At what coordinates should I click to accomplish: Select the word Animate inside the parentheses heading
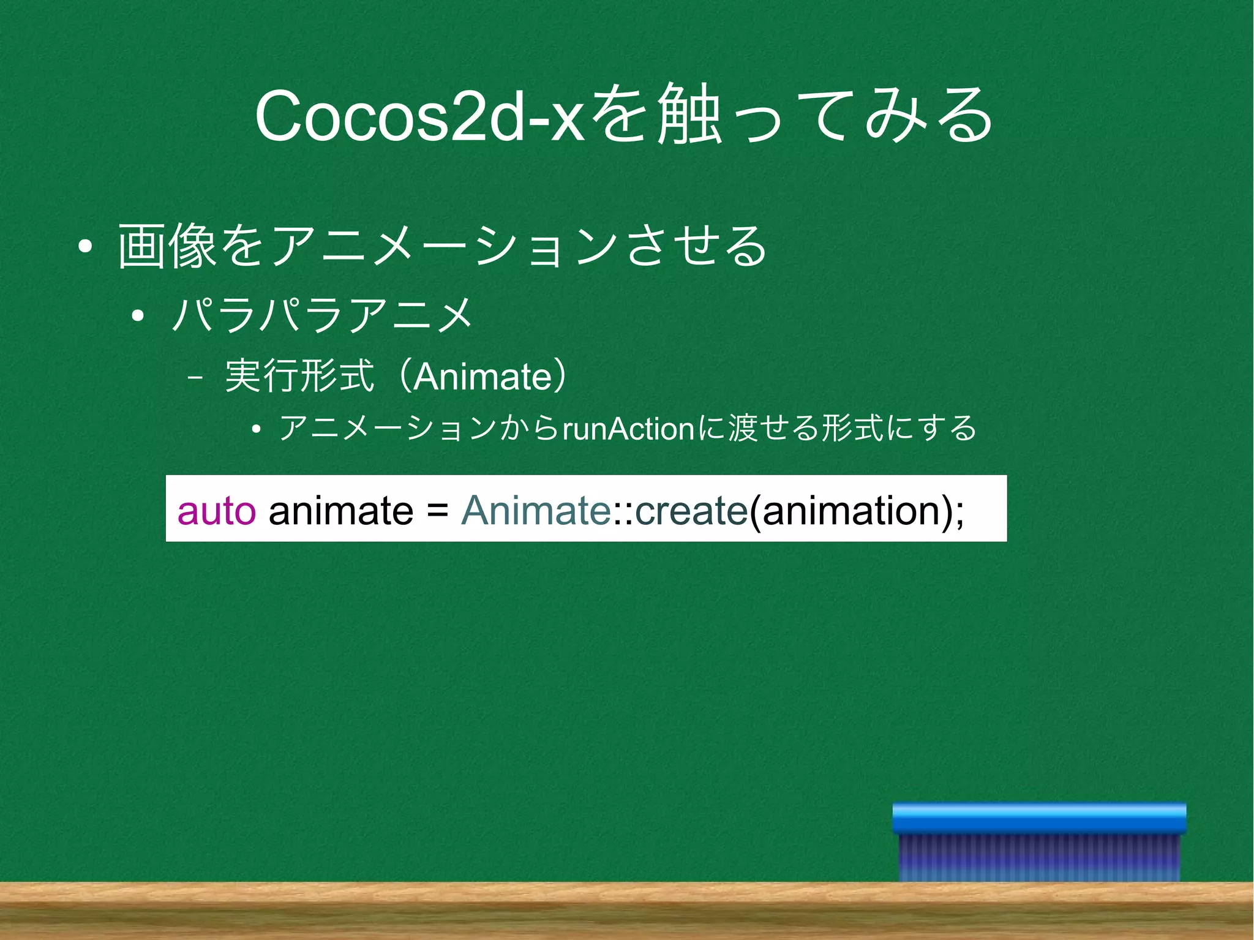point(483,377)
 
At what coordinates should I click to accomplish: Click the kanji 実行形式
point(299,375)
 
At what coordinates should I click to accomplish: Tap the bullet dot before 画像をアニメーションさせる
point(85,247)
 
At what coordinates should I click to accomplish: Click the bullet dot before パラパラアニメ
point(138,316)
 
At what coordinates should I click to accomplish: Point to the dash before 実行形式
point(195,378)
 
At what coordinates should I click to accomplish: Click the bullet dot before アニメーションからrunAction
point(256,429)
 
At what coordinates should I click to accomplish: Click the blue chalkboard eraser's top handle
point(1038,818)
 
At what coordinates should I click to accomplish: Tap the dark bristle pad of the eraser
point(1038,857)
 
